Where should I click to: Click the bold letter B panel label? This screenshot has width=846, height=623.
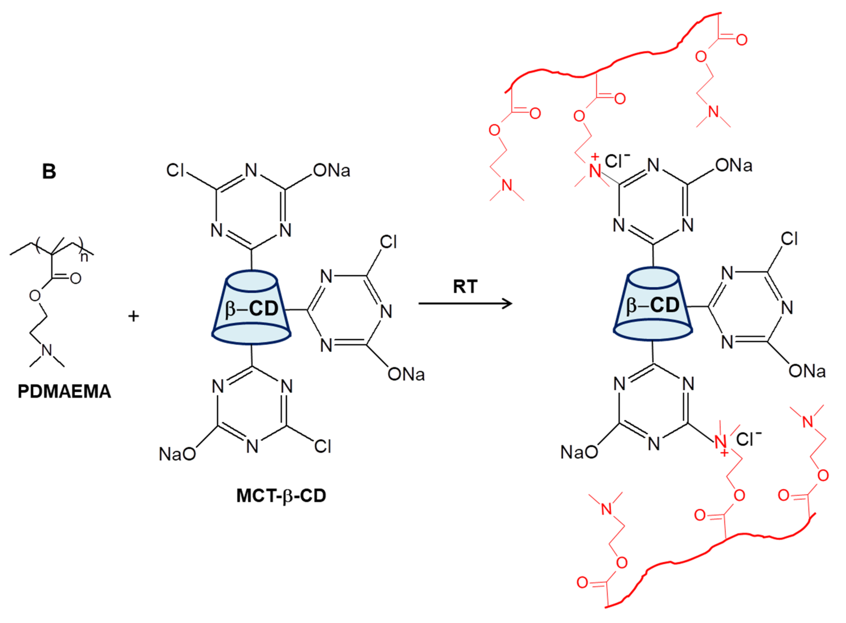click(49, 171)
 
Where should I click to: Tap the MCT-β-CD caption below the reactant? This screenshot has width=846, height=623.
click(281, 496)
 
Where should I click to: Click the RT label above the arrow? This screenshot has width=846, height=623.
click(465, 287)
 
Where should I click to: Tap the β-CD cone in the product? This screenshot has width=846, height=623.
click(653, 305)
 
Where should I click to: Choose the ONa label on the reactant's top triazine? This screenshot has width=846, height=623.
click(332, 170)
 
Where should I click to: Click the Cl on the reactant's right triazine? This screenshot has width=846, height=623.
click(388, 242)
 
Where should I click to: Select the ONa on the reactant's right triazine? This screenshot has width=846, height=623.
click(406, 374)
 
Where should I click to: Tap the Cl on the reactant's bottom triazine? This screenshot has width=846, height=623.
click(322, 446)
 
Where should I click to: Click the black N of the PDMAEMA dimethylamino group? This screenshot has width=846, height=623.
click(47, 350)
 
